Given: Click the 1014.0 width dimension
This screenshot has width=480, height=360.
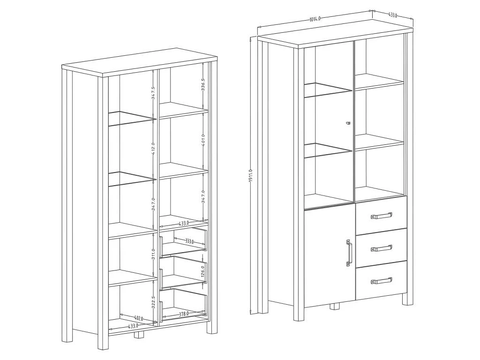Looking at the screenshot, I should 315,19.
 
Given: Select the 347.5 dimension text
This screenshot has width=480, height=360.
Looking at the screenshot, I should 153,93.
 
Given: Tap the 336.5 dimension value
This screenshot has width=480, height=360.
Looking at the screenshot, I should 203,86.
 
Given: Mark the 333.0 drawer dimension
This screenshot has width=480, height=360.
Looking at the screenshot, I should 189,241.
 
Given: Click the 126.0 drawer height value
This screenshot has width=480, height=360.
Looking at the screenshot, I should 203,271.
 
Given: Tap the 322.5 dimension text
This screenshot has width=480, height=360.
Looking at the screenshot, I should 153,302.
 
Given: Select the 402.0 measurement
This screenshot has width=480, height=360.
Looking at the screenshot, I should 138,319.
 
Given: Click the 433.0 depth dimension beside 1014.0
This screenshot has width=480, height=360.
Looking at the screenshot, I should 393,15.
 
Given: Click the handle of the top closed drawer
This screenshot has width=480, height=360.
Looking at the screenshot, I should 381,216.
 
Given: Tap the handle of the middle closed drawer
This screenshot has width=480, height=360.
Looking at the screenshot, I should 381,247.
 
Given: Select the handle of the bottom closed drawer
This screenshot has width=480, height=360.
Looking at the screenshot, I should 381,280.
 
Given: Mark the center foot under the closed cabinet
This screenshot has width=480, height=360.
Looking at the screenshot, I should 334,307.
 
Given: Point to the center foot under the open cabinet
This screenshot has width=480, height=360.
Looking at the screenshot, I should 139,335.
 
